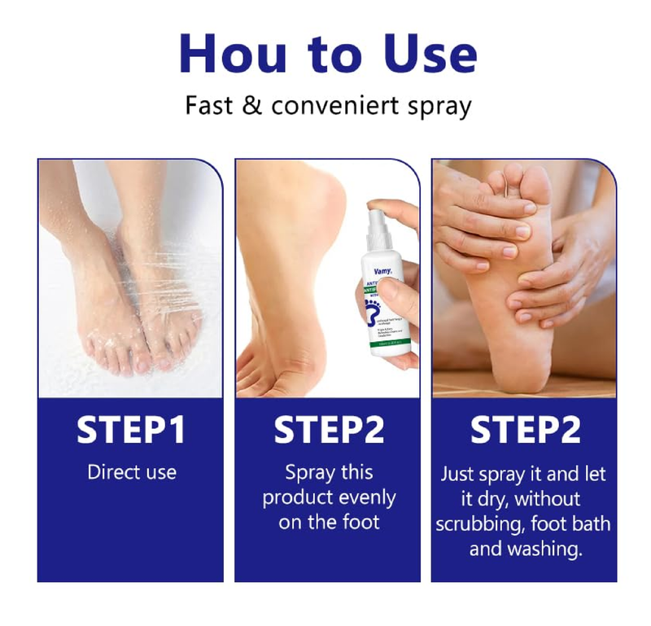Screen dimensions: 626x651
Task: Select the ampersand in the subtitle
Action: pos(252,106)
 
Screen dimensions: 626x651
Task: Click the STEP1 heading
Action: pos(131,431)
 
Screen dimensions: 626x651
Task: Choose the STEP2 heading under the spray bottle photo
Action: pos(328,431)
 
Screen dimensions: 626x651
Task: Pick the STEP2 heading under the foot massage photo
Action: pos(525,431)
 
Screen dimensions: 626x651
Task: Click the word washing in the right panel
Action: pos(550,549)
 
